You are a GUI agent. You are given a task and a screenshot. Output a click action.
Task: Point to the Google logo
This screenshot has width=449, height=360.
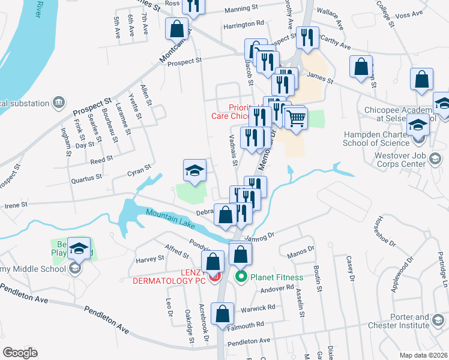pos(20,353)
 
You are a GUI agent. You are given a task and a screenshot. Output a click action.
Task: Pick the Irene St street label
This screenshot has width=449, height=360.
pos(16,205)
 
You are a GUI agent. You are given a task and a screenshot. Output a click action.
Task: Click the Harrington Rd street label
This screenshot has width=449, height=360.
pos(243,23)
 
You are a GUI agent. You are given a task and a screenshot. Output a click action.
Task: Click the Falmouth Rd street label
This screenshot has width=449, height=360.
pos(247,325)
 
